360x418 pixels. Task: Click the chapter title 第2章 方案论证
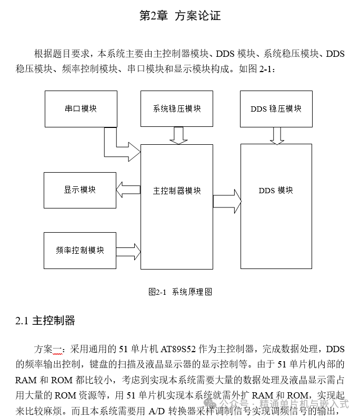point(179,16)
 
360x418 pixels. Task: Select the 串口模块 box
point(80,108)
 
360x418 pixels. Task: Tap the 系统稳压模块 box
point(177,108)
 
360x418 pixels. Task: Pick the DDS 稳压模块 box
point(276,108)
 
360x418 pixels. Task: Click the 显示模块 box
point(80,190)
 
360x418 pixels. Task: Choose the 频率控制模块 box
point(80,250)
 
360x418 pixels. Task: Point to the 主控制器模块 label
point(177,190)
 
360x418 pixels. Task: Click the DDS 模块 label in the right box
point(276,190)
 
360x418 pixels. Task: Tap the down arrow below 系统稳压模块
point(179,136)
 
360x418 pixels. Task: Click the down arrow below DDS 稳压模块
point(277,136)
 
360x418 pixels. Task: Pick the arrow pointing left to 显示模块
point(127,190)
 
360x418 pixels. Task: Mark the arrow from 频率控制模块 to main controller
point(128,248)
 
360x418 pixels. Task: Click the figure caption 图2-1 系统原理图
point(181,291)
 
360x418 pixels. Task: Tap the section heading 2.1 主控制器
point(45,321)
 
